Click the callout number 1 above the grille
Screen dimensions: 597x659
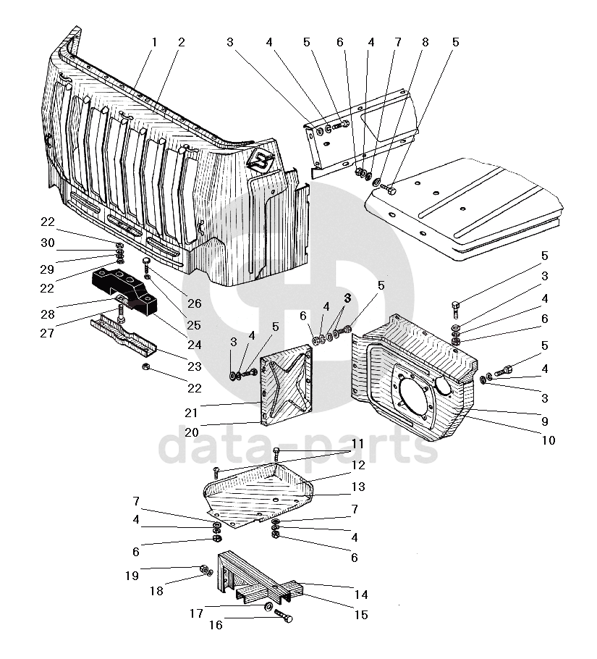tap(154, 42)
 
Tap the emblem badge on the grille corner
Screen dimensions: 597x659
tap(261, 160)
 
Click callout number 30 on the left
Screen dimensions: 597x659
tap(48, 243)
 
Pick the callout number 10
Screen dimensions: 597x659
tap(549, 440)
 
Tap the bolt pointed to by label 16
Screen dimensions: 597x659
tap(284, 616)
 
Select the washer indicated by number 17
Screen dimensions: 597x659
tap(268, 606)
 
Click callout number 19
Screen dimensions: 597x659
tap(132, 576)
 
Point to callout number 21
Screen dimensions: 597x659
tap(191, 413)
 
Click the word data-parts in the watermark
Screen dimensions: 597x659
tap(298, 448)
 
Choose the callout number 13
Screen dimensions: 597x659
tap(358, 487)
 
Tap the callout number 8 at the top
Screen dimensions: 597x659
tap(425, 42)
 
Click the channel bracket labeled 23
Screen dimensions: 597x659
tap(124, 336)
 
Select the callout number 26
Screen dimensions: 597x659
tap(195, 303)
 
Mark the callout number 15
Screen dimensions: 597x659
tap(361, 615)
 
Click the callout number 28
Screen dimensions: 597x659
tap(48, 314)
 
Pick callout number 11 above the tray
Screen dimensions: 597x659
tap(357, 444)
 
